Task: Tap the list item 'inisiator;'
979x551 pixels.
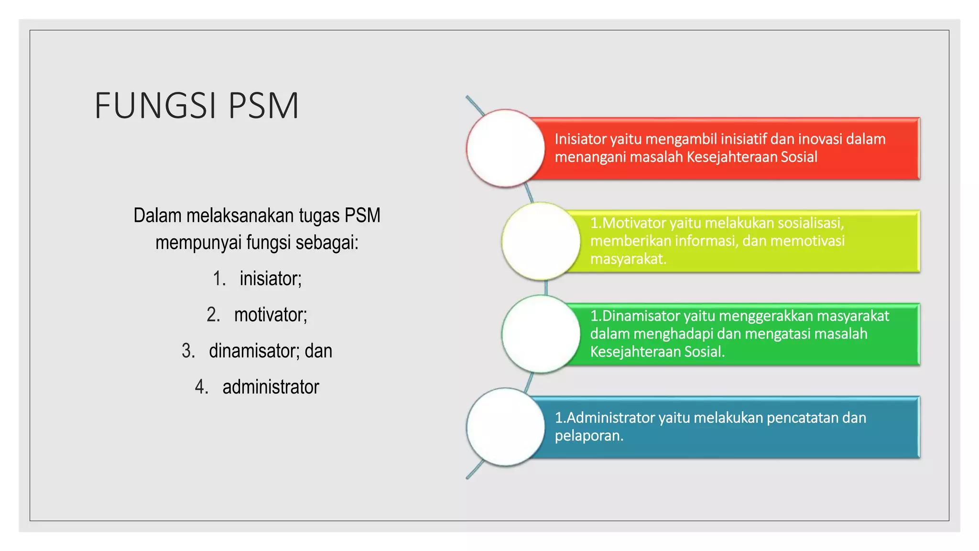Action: (x=271, y=278)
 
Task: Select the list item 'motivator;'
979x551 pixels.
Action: (x=271, y=315)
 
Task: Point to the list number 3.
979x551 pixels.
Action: (x=188, y=351)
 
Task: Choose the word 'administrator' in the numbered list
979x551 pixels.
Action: (x=271, y=387)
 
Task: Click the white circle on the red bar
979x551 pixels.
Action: (x=505, y=148)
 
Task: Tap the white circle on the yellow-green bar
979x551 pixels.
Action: (x=541, y=241)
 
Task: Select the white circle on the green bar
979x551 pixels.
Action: (x=541, y=334)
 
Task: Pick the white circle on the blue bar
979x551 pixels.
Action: (x=505, y=427)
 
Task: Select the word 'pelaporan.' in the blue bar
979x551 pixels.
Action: (x=589, y=436)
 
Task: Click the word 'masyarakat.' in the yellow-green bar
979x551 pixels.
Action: (x=628, y=259)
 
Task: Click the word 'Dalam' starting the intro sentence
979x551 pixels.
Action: (x=157, y=216)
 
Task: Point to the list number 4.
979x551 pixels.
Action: (x=201, y=387)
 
